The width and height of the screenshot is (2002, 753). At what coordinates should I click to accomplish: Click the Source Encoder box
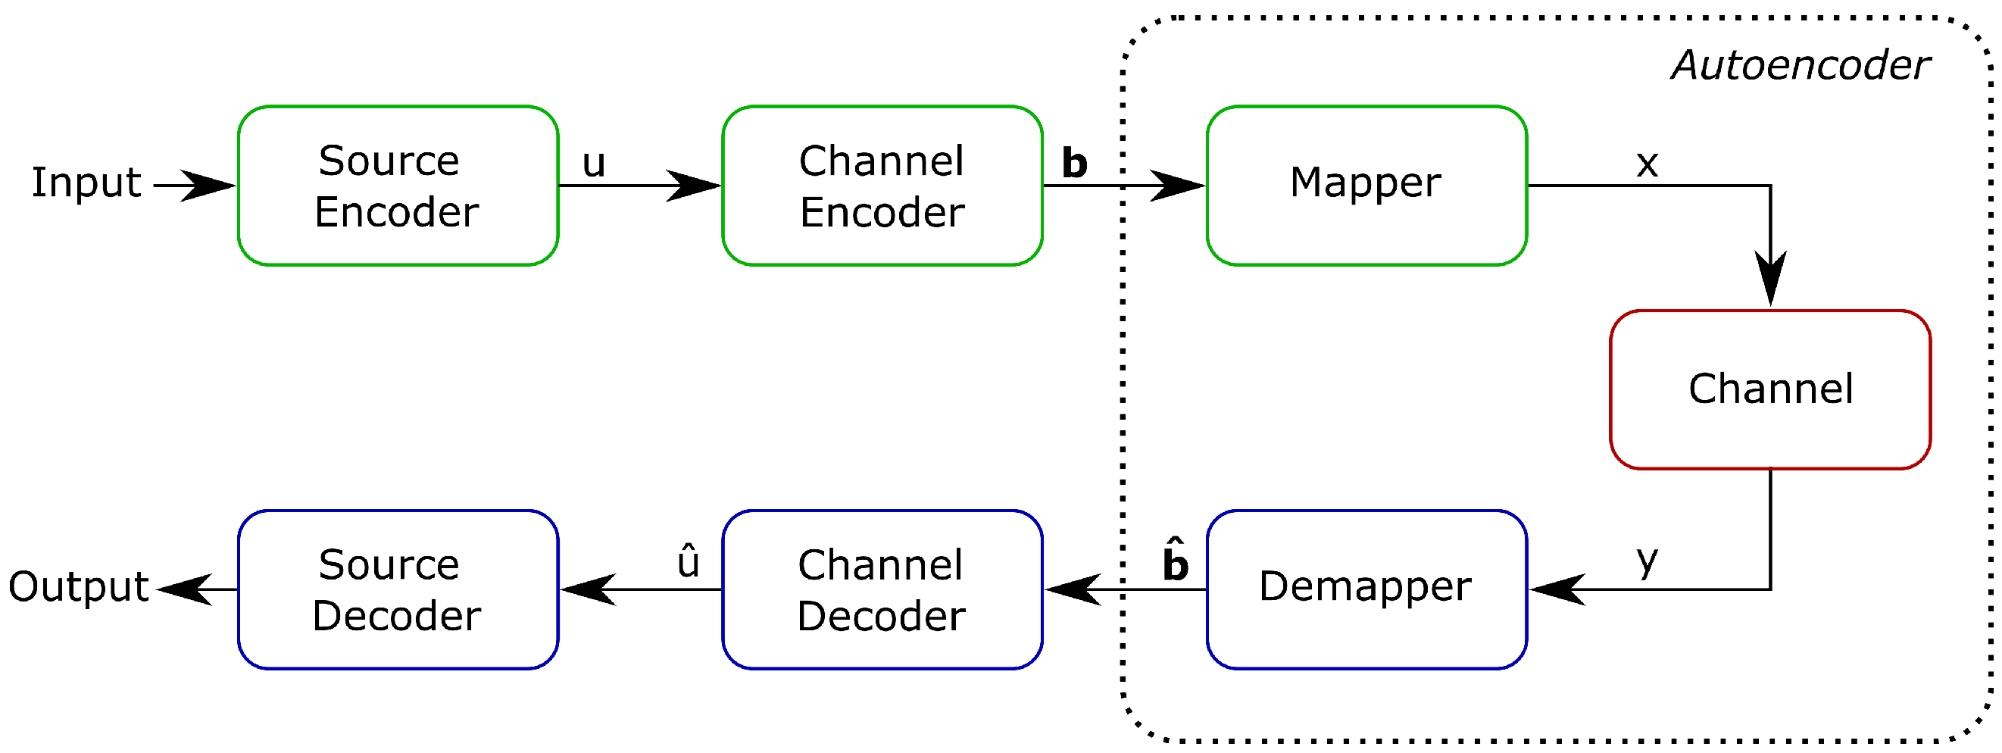coord(398,186)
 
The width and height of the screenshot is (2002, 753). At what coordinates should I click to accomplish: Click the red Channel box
coord(1769,389)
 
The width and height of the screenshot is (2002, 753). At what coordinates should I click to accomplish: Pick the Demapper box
coord(1366,589)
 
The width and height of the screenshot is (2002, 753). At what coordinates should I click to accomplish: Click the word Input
coord(86,183)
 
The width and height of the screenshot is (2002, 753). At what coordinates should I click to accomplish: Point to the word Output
coord(78,588)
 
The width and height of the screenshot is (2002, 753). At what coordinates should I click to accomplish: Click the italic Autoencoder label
coord(1800,65)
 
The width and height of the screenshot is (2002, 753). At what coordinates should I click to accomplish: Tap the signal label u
coord(594,164)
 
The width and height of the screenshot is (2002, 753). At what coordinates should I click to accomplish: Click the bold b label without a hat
coord(1074,163)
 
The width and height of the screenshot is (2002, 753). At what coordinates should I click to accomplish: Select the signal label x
coord(1647,164)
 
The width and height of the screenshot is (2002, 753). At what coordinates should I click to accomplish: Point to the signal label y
coord(1647,561)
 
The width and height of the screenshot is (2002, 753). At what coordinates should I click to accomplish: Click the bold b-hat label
coord(1174,561)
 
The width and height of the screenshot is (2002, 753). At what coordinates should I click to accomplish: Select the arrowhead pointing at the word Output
coord(185,589)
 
